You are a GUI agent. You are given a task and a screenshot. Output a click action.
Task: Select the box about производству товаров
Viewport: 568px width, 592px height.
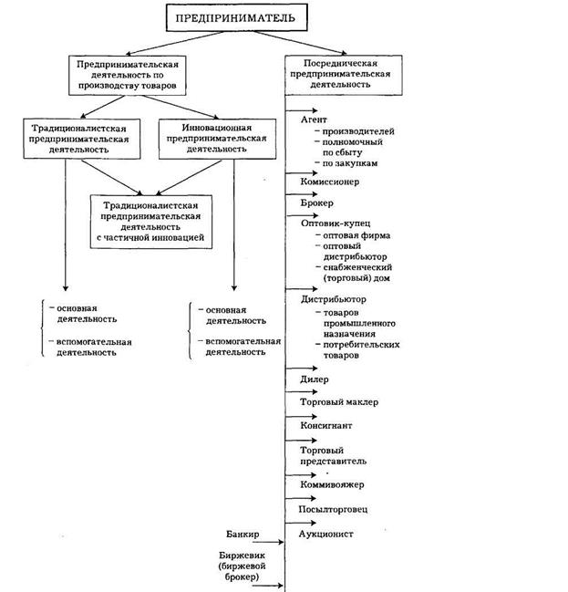127,75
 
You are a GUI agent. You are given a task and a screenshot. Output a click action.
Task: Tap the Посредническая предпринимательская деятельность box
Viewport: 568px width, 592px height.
334,68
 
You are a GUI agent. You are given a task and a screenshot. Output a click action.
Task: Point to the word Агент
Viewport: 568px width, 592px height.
314,119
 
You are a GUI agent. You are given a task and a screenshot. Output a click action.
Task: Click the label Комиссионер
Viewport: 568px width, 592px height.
330,182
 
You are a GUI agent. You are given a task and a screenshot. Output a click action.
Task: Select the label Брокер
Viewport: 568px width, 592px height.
317,203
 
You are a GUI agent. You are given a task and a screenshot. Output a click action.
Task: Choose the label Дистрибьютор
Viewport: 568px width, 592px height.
333,298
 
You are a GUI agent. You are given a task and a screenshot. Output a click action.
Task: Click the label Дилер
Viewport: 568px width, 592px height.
314,379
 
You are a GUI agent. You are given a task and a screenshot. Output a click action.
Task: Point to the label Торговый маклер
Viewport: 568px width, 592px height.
338,401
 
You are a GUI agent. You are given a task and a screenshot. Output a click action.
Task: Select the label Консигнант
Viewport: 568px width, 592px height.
326,425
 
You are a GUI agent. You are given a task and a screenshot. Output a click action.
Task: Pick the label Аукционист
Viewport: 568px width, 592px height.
325,534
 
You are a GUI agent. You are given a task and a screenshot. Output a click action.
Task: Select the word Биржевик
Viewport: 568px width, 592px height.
238,555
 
